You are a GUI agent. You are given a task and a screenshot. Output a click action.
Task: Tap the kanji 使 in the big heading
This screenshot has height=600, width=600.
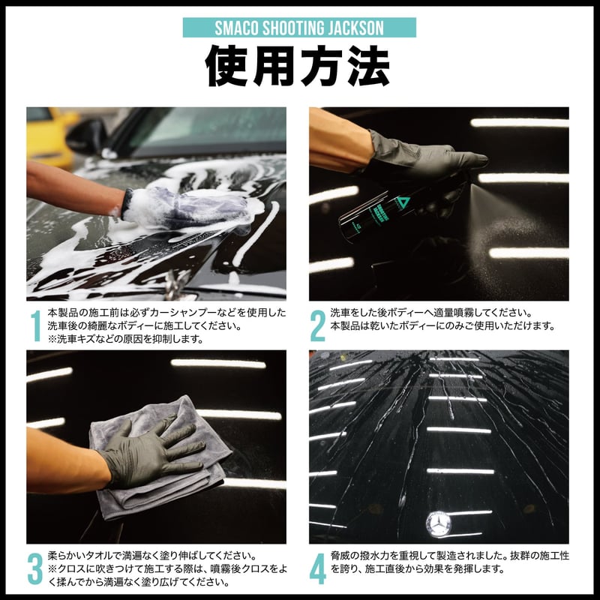click(227, 66)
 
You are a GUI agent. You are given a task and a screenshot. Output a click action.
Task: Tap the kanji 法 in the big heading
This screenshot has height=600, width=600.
click(368, 66)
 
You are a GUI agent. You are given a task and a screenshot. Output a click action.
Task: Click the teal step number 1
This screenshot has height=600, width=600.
click(35, 325)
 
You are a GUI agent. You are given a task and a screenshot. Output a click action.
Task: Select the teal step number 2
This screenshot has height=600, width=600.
click(317, 325)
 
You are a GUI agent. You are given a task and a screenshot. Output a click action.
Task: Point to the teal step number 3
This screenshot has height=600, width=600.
click(34, 568)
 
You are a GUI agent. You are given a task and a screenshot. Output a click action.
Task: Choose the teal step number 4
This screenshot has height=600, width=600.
click(317, 568)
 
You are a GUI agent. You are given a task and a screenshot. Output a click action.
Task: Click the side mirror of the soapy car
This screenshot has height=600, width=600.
click(87, 136)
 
